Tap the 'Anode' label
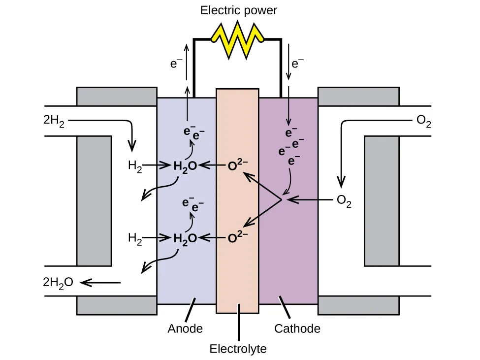pyautogui.click(x=185, y=328)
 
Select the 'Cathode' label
pyautogui.click(x=297, y=328)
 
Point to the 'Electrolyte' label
pyautogui.click(x=238, y=349)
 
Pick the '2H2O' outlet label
pyautogui.click(x=58, y=282)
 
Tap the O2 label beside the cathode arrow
pyautogui.click(x=344, y=200)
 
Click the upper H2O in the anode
pyautogui.click(x=185, y=166)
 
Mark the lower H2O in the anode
pyautogui.click(x=185, y=238)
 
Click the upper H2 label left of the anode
pyautogui.click(x=135, y=166)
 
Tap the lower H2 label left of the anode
pyautogui.click(x=135, y=238)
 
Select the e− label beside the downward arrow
pyautogui.click(x=298, y=64)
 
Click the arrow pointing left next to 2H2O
pyautogui.click(x=100, y=282)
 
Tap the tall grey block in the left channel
pyautogui.click(x=94, y=200)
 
